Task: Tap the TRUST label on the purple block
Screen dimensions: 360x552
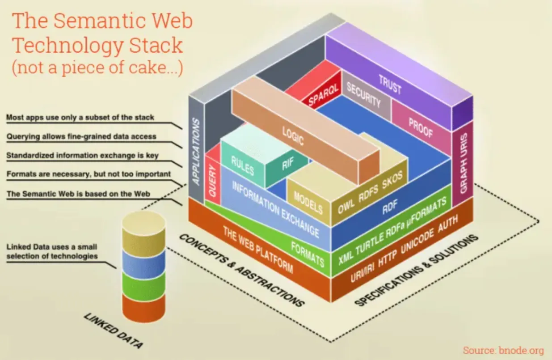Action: [x=390, y=84]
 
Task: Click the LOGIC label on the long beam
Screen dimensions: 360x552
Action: [x=293, y=136]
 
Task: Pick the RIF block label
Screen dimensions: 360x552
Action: [x=288, y=165]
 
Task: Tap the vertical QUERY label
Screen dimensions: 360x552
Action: [x=212, y=181]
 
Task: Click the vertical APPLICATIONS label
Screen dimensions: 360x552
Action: [x=196, y=152]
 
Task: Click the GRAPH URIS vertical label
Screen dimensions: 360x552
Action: [x=464, y=163]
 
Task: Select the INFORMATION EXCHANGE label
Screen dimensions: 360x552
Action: [x=276, y=209]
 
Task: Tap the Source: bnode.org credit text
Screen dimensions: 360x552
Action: [x=503, y=350]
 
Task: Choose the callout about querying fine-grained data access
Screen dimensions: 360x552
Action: [x=81, y=136]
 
